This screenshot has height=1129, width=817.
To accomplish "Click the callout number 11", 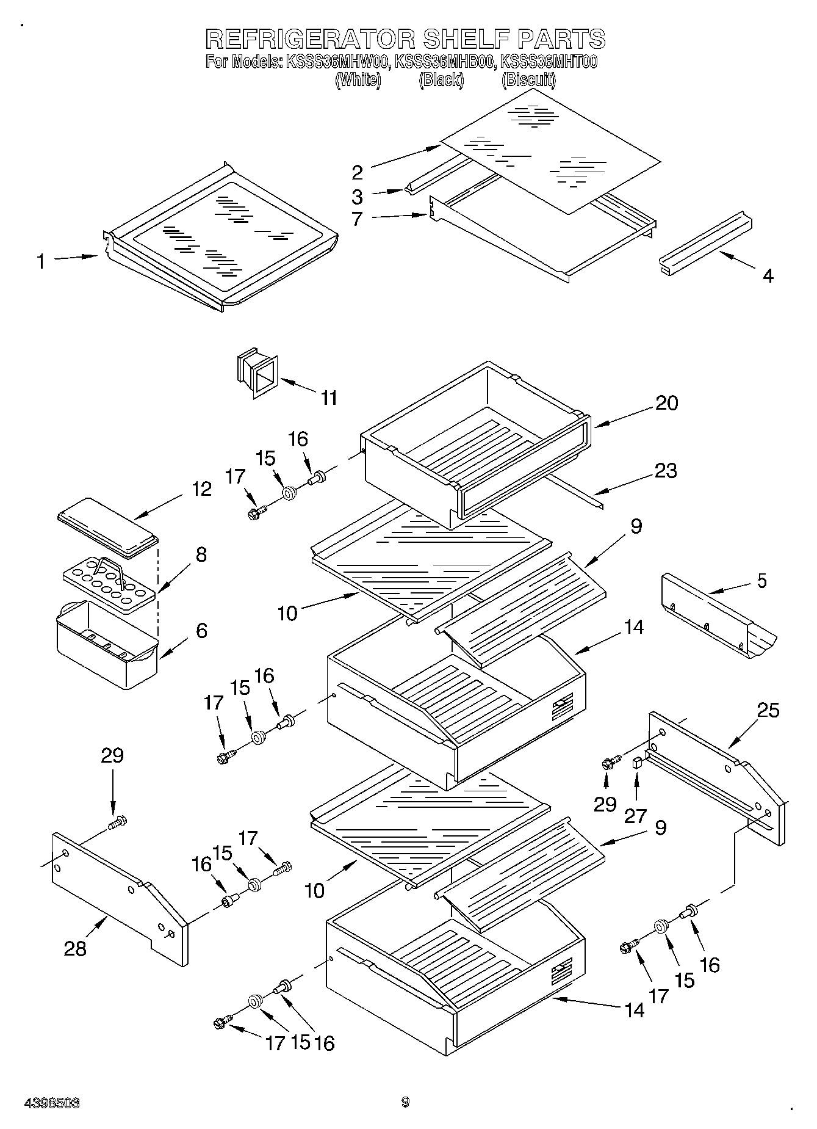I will (x=329, y=398).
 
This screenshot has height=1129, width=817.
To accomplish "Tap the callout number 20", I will (x=666, y=403).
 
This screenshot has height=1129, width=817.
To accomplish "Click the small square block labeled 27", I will (x=637, y=762).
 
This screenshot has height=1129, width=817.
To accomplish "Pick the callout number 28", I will (x=75, y=948).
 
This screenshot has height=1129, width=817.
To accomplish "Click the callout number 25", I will (x=768, y=710).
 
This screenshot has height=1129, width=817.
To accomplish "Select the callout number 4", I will (x=768, y=276).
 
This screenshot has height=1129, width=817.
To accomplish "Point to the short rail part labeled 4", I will (x=705, y=243).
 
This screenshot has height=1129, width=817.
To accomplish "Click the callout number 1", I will (x=40, y=262).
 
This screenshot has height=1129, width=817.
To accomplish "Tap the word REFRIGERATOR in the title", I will (x=311, y=39).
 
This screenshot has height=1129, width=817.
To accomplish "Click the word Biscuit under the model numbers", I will (x=528, y=80).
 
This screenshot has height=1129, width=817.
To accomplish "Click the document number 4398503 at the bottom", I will (x=52, y=1103).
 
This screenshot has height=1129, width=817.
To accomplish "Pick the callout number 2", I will (x=358, y=173).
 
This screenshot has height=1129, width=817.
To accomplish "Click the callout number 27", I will (x=635, y=816).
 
